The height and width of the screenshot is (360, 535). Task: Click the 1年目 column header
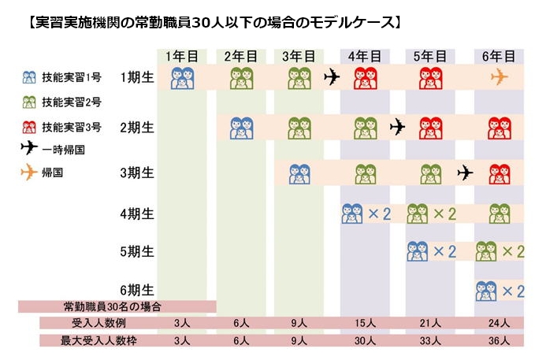tap(182, 56)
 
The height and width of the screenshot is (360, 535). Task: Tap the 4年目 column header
tap(364, 56)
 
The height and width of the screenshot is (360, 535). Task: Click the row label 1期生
tap(137, 77)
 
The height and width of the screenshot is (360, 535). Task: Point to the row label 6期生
tap(137, 290)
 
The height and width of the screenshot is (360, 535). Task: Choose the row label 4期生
tap(137, 213)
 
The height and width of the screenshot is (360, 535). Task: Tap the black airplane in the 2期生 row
tap(399, 126)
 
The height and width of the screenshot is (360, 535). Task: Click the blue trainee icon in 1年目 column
tap(182, 78)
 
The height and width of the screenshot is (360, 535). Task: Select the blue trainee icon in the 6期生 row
tap(487, 291)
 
